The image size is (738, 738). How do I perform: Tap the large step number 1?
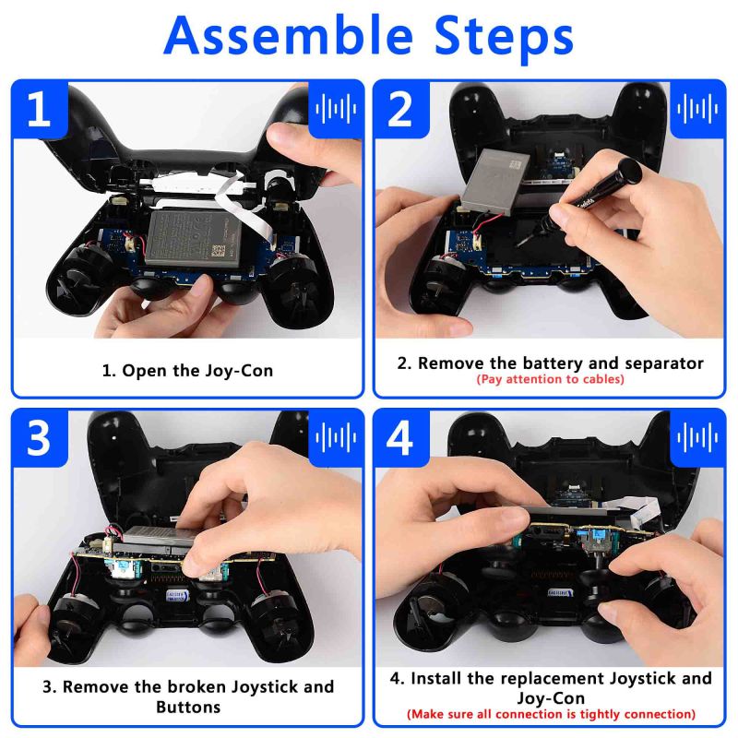39,110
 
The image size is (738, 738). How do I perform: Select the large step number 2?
400,110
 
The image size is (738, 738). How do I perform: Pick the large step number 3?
39,438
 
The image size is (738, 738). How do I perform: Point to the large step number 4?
400,438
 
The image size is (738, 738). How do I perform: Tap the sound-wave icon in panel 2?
697,110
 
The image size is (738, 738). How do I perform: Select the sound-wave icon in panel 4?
697,438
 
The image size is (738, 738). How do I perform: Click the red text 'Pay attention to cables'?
550,379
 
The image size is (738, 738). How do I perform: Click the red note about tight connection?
551,714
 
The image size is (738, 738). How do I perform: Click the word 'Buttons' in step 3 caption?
188,708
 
